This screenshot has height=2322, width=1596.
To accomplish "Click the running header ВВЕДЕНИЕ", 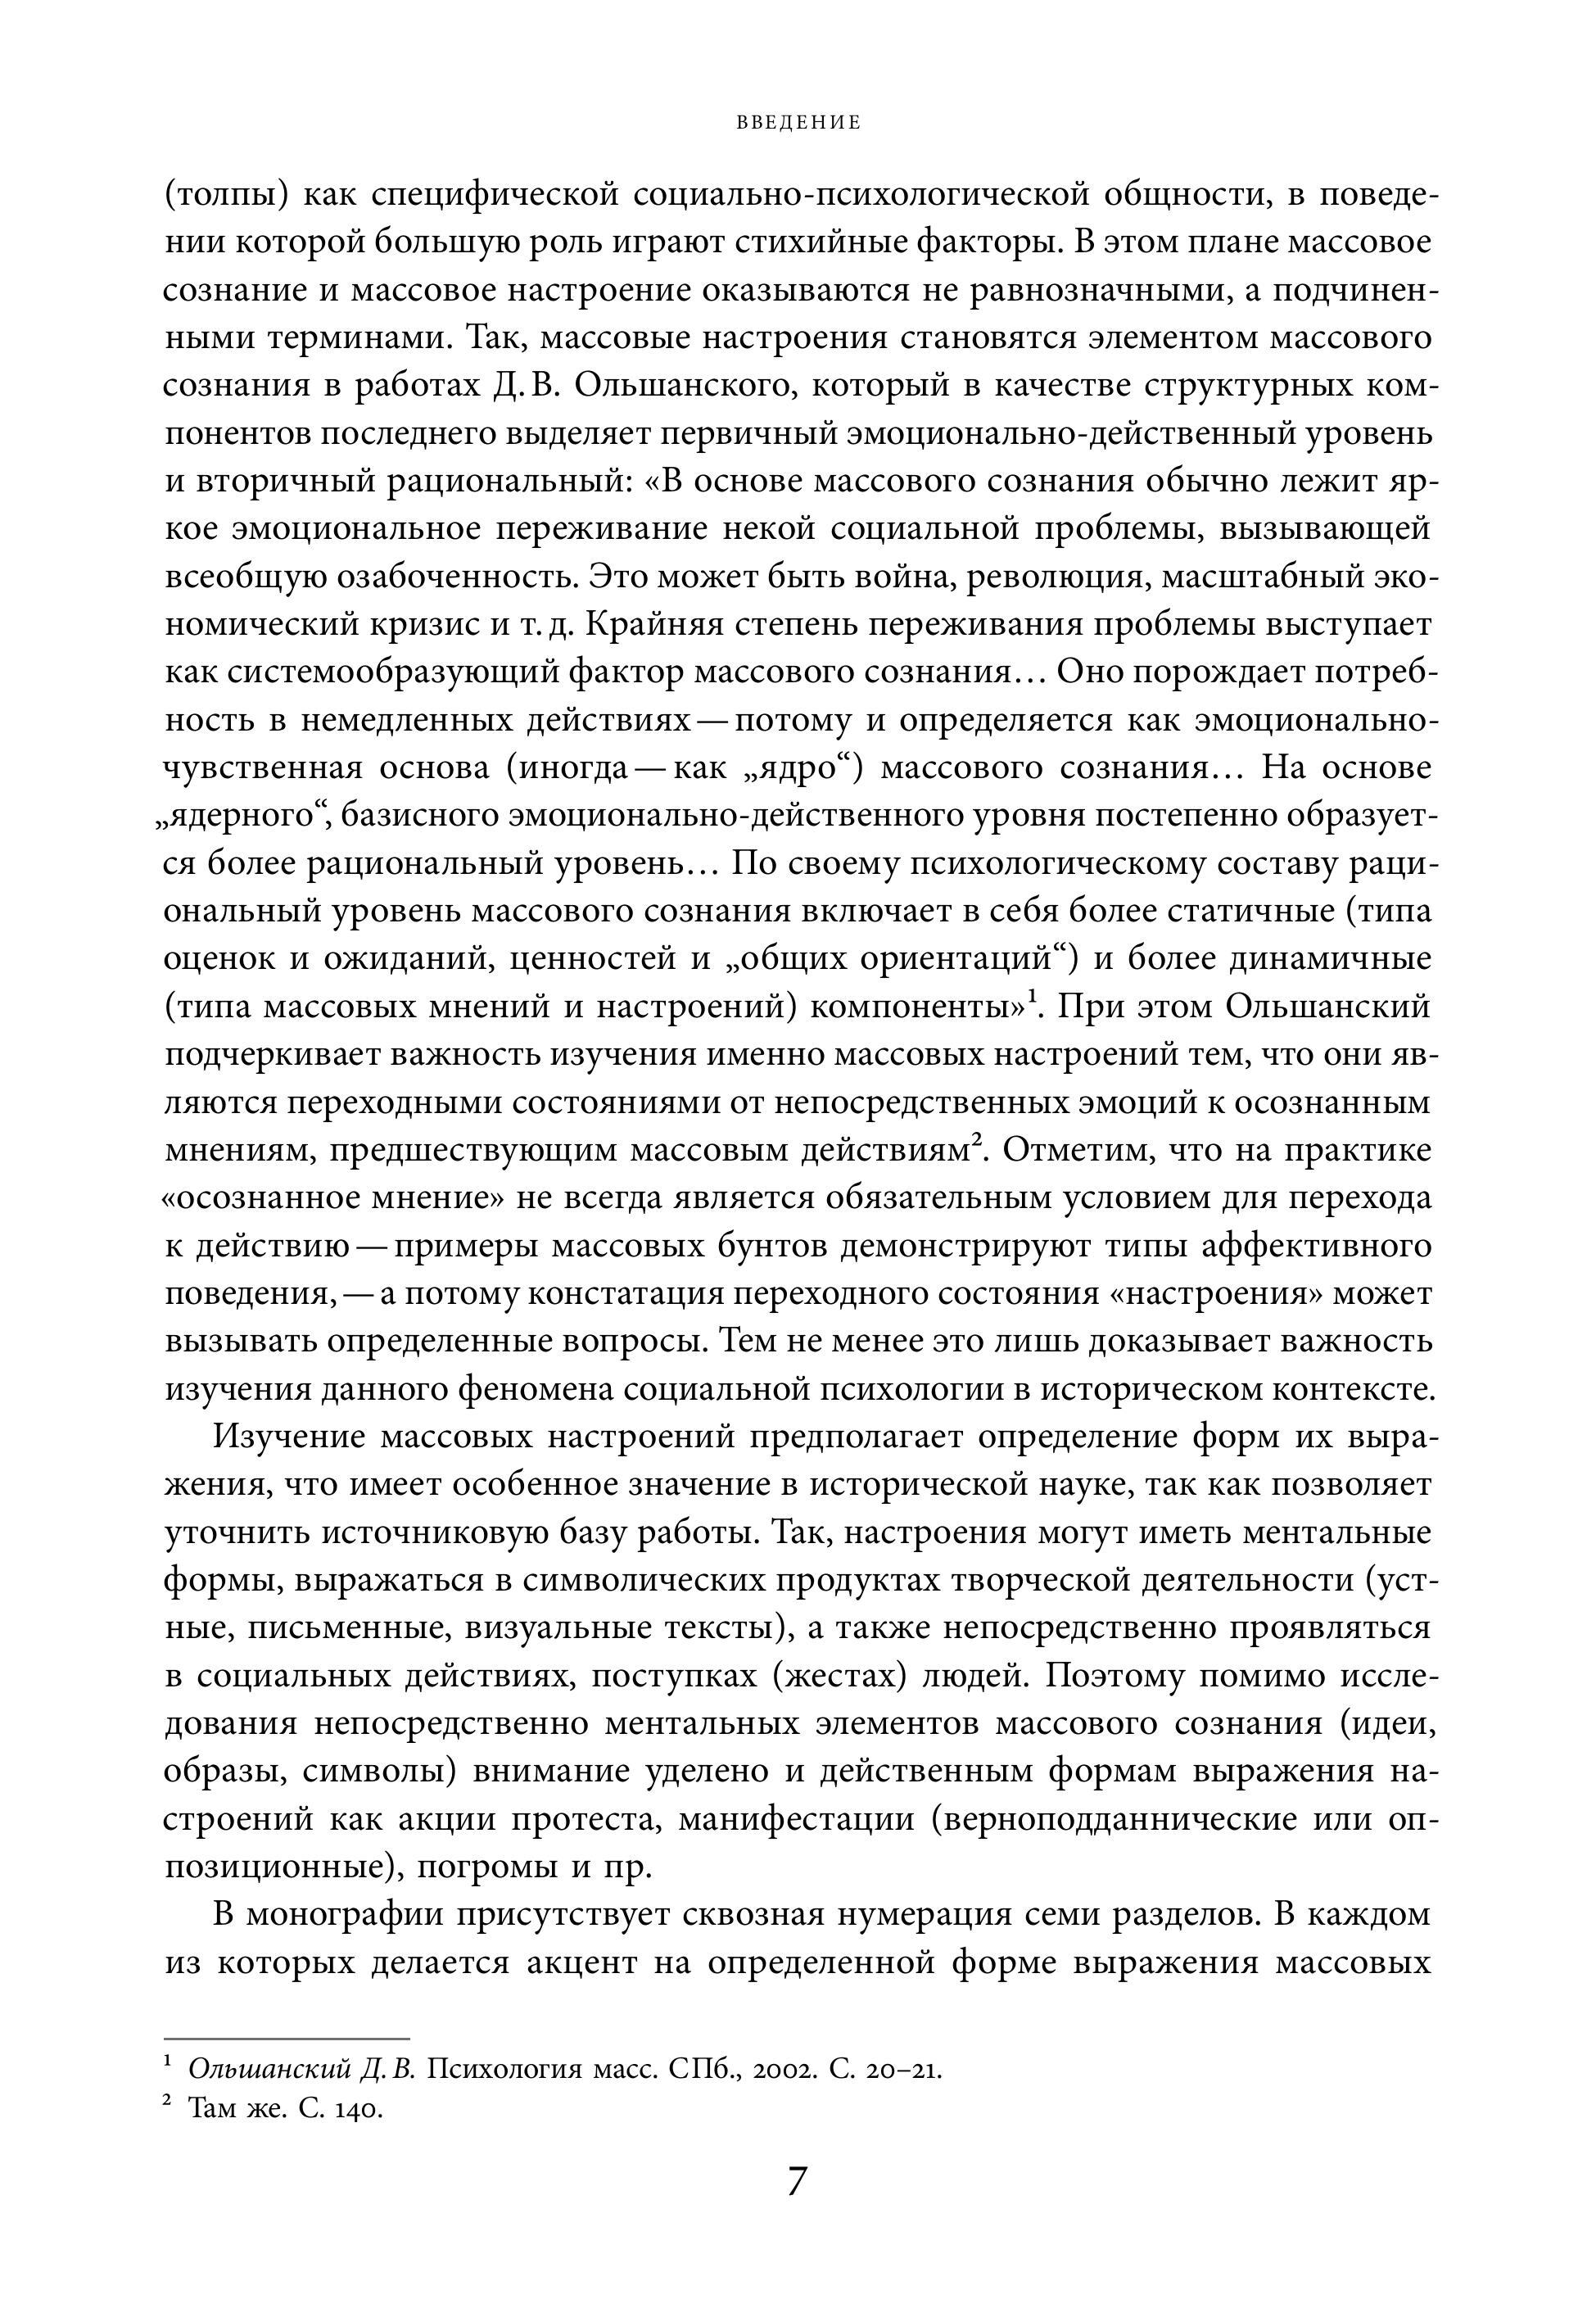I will [798, 123].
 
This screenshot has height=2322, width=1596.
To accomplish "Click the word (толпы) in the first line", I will [225, 196].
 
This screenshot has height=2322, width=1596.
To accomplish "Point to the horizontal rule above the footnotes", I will [287, 2038].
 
